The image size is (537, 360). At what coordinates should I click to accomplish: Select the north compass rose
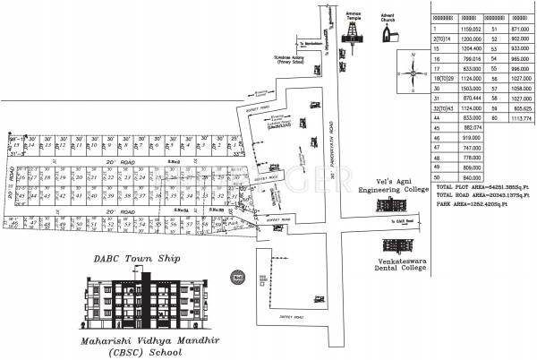[411, 73]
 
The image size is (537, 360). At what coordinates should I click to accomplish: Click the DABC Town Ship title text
[137, 259]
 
